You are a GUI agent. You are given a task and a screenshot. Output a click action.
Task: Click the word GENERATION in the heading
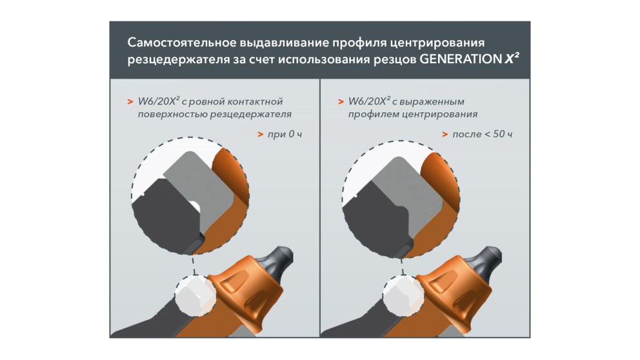[x=461, y=59]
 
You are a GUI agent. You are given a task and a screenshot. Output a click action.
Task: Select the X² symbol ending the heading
[x=512, y=59]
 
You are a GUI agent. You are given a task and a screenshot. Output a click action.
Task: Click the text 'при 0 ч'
[x=285, y=134]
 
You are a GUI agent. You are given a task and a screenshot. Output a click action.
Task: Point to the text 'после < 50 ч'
[x=483, y=134]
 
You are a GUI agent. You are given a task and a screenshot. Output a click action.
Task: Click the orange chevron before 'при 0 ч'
[x=261, y=134]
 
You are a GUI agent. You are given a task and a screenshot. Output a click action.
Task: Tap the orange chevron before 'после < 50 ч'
[x=445, y=134]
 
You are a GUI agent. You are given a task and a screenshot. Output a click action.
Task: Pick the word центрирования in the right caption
[x=440, y=114]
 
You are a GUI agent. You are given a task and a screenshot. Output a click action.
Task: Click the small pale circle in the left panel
[x=195, y=295]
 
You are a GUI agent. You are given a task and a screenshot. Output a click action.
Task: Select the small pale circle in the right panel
[x=404, y=295]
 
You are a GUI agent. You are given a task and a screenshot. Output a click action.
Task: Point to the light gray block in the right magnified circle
[x=412, y=187]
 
